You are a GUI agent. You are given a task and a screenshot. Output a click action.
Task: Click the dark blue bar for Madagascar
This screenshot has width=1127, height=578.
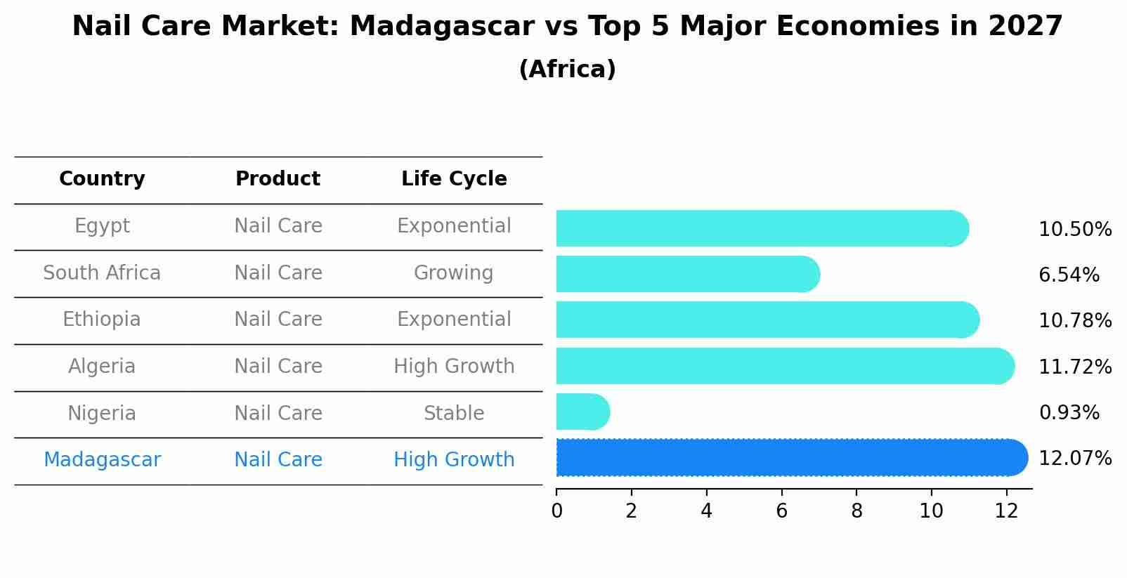pyautogui.click(x=790, y=458)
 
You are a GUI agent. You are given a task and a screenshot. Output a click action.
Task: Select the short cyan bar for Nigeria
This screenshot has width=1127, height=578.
pyautogui.click(x=582, y=412)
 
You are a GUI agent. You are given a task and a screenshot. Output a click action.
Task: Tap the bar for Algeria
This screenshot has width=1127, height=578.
pyautogui.click(x=783, y=366)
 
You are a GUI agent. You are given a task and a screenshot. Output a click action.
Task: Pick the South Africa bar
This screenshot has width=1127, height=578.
pyautogui.click(x=687, y=274)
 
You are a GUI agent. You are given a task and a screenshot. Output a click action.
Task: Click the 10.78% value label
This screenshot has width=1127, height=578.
pyautogui.click(x=1074, y=321)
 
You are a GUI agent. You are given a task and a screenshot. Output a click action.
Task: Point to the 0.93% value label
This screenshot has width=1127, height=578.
pyautogui.click(x=1069, y=413)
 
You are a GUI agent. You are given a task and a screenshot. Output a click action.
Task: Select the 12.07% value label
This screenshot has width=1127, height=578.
pyautogui.click(x=1074, y=459)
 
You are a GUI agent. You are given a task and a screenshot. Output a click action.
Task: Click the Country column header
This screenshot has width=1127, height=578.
pyautogui.click(x=102, y=179)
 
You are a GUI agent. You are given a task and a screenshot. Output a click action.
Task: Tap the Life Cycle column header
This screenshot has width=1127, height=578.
pyautogui.click(x=454, y=179)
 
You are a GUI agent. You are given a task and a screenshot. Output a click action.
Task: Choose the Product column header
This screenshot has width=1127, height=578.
pyautogui.click(x=278, y=179)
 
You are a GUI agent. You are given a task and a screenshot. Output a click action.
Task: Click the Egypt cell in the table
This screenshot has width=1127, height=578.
pyautogui.click(x=102, y=226)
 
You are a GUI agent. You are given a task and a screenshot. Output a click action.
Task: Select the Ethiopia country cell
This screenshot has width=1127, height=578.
pyautogui.click(x=102, y=320)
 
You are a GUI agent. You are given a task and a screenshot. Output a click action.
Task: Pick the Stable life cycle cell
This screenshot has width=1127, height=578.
pyautogui.click(x=454, y=413)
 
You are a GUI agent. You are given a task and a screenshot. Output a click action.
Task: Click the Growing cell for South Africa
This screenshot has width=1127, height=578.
pyautogui.click(x=454, y=272)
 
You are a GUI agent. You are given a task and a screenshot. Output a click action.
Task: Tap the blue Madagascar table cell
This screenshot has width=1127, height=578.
pyautogui.click(x=102, y=460)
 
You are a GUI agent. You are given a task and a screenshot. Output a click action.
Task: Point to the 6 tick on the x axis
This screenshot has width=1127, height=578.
pyautogui.click(x=781, y=511)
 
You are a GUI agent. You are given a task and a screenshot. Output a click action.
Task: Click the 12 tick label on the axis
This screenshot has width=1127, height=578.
pyautogui.click(x=1006, y=511)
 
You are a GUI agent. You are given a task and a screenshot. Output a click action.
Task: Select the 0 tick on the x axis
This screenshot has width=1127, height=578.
pyautogui.click(x=556, y=511)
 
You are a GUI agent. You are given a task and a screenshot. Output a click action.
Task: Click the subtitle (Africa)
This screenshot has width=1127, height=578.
pyautogui.click(x=567, y=70)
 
